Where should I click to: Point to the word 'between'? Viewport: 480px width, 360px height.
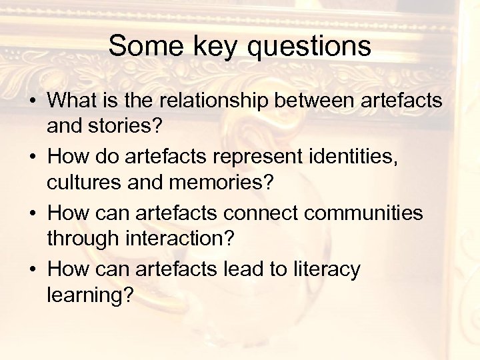pyautogui.click(x=319, y=101)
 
